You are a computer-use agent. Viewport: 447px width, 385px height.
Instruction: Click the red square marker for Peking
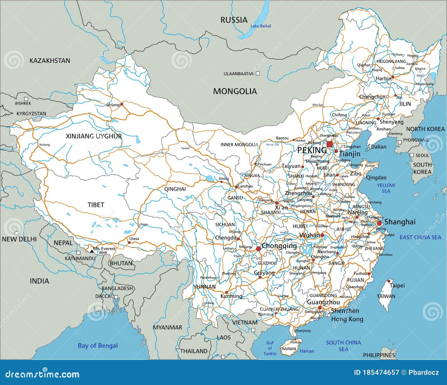pos(330,144)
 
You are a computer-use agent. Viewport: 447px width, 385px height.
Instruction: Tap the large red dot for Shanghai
pos(379,223)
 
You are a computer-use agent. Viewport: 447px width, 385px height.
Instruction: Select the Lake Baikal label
pos(260,26)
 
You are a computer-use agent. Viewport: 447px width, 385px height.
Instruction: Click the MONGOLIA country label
pos(235,91)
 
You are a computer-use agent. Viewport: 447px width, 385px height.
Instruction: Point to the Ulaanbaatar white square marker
pos(258,73)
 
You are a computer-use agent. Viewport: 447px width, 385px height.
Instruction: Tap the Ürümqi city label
pos(113,105)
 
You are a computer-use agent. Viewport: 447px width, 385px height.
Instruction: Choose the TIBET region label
pos(96,205)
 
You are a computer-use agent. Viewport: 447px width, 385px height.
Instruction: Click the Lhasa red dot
pos(129,242)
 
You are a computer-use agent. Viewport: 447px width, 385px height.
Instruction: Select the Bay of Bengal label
pos(98,346)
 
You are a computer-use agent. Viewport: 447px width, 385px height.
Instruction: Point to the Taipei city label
pos(397,286)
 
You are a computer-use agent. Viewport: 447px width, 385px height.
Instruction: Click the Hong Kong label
pos(347,319)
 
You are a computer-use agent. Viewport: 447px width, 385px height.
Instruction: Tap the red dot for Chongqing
pos(258,248)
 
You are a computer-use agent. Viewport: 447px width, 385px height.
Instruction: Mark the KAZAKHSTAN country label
pos(50,61)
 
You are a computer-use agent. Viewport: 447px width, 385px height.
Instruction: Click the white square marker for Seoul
pos(412,155)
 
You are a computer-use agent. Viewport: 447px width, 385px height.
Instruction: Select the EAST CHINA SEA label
pos(420,237)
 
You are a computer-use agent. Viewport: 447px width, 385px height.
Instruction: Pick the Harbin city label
pos(383,79)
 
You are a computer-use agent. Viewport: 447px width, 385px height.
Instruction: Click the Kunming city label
pos(231,296)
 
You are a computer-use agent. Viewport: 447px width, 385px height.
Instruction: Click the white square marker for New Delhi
pos(16,233)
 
